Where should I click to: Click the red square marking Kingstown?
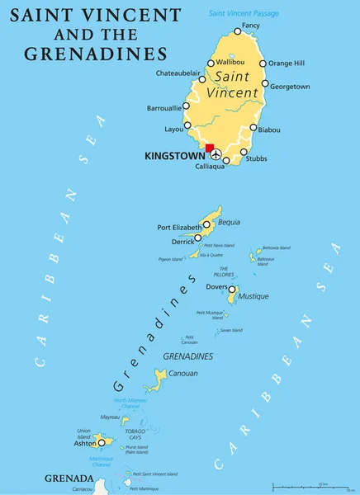pyautogui.click(x=210, y=148)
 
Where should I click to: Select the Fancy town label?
pyautogui.click(x=249, y=26)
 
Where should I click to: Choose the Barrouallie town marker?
pyautogui.click(x=187, y=107)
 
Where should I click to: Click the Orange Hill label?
pyautogui.click(x=287, y=64)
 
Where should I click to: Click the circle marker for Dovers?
pyautogui.click(x=232, y=290)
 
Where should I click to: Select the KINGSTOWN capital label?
pyautogui.click(x=172, y=154)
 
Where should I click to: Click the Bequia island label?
pyautogui.click(x=230, y=223)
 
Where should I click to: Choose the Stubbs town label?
pyautogui.click(x=256, y=158)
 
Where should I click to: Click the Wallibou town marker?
pyautogui.click(x=211, y=63)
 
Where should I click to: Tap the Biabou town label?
pyautogui.click(x=269, y=130)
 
